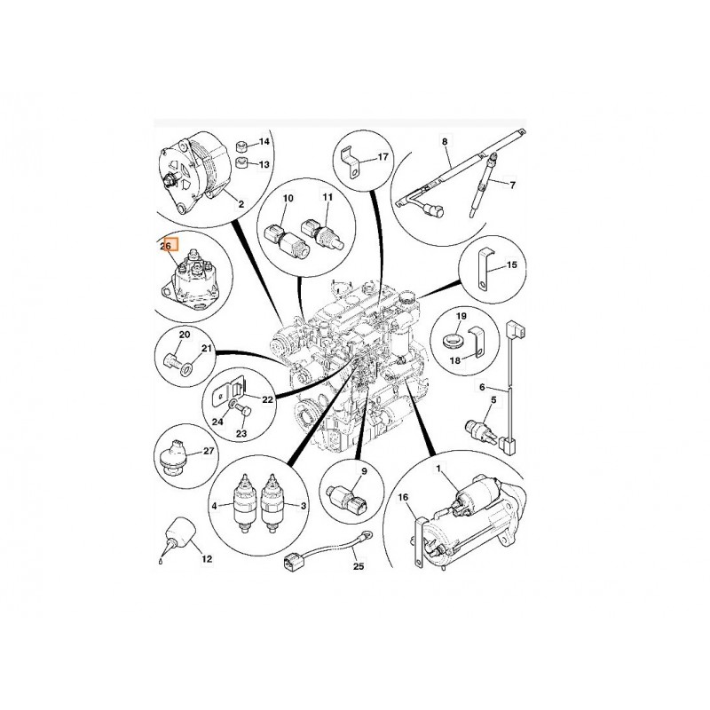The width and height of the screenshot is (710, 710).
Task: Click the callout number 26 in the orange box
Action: pos(166,247)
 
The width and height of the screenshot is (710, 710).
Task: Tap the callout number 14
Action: pos(264,142)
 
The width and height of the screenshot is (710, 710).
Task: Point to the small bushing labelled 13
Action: pos(242,162)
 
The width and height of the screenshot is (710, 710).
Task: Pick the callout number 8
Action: pos(445,142)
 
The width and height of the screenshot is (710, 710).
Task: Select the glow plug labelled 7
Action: pos(483,185)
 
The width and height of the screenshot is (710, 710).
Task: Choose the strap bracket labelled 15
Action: pos(484,269)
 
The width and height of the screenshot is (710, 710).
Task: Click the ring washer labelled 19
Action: pos(452,340)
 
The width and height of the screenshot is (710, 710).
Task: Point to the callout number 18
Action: pos(455,360)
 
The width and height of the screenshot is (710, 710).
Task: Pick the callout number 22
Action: pos(268,399)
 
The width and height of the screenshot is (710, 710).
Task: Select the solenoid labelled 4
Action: pos(244,504)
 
